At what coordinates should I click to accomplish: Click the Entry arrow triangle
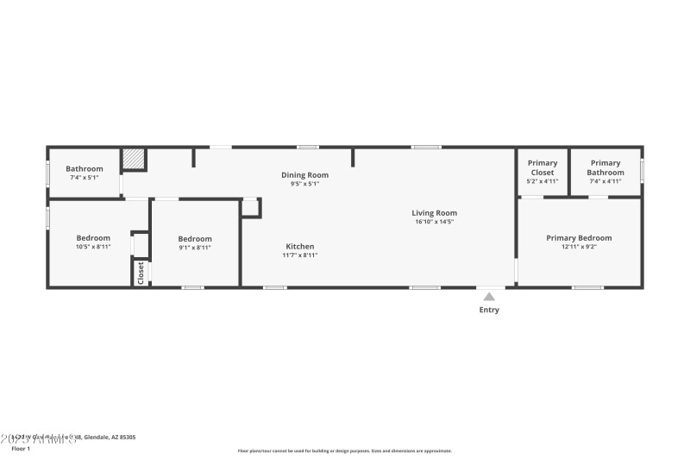pyautogui.click(x=489, y=297)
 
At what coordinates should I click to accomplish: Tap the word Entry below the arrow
pyautogui.click(x=489, y=310)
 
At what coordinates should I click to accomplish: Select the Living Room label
pyautogui.click(x=434, y=212)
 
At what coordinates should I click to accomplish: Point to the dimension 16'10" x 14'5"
pyautogui.click(x=434, y=222)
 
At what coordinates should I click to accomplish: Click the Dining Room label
pyautogui.click(x=304, y=174)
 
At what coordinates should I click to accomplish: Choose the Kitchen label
pyautogui.click(x=300, y=246)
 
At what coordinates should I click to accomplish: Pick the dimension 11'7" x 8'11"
pyautogui.click(x=300, y=255)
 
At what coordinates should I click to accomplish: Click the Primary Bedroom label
pyautogui.click(x=579, y=237)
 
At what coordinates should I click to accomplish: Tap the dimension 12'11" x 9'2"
pyautogui.click(x=579, y=247)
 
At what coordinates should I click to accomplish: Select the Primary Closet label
pyautogui.click(x=543, y=167)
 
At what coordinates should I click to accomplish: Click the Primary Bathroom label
pyautogui.click(x=605, y=167)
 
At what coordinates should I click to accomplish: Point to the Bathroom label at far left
pyautogui.click(x=85, y=168)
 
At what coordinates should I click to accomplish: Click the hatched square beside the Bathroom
pyautogui.click(x=133, y=159)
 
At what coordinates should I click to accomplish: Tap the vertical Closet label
pyautogui.click(x=141, y=273)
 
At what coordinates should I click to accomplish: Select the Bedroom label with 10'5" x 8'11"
pyautogui.click(x=93, y=238)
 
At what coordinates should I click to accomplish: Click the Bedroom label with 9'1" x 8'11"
pyautogui.click(x=195, y=239)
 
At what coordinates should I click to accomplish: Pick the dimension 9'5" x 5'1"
pyautogui.click(x=304, y=183)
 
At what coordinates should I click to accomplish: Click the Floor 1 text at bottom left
pyautogui.click(x=21, y=449)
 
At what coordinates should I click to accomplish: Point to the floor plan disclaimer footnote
pyautogui.click(x=344, y=451)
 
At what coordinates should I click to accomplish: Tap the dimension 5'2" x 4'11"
pyautogui.click(x=543, y=181)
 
